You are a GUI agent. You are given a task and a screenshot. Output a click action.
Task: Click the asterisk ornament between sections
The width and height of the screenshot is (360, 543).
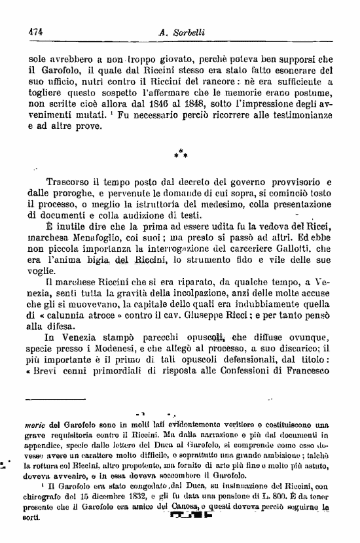181,154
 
